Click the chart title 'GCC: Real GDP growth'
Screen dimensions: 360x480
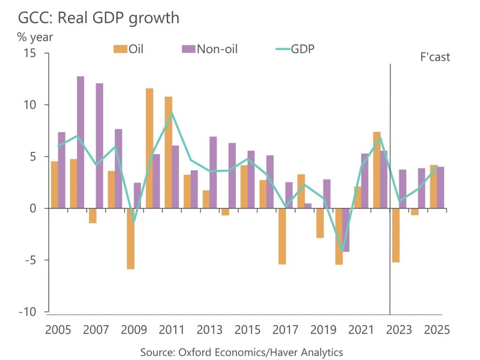(98, 18)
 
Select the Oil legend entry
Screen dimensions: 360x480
(128, 49)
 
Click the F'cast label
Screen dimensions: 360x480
(435, 57)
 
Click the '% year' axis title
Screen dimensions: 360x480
(35, 37)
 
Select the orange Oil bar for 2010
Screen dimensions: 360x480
(149, 148)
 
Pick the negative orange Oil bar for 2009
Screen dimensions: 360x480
(130, 238)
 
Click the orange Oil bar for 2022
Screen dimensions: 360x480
(376, 170)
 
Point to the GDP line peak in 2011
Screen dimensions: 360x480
(172, 113)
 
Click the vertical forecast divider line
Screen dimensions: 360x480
(390, 187)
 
